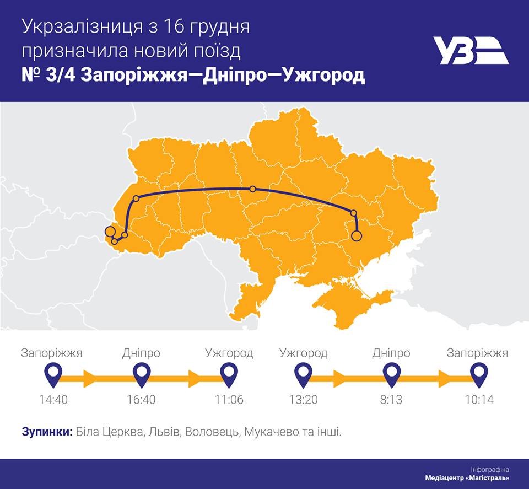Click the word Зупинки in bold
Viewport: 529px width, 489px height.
pyautogui.click(x=47, y=432)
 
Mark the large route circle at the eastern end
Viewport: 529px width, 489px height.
pyautogui.click(x=357, y=237)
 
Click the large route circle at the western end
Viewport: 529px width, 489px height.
pyautogui.click(x=110, y=232)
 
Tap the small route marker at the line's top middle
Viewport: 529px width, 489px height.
pyautogui.click(x=252, y=189)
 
